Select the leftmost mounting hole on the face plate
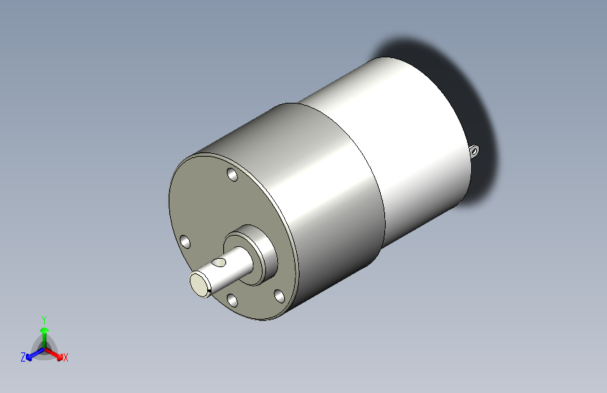click(186, 242)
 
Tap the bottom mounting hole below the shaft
click(232, 301)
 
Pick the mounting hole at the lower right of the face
click(279, 296)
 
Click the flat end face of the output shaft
click(200, 284)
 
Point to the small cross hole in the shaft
click(220, 263)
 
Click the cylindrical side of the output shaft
click(231, 269)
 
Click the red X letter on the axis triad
click(66, 358)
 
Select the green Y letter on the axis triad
click(43, 318)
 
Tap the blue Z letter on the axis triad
click(23, 357)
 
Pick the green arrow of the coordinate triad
click(44, 332)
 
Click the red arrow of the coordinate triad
click(55, 353)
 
